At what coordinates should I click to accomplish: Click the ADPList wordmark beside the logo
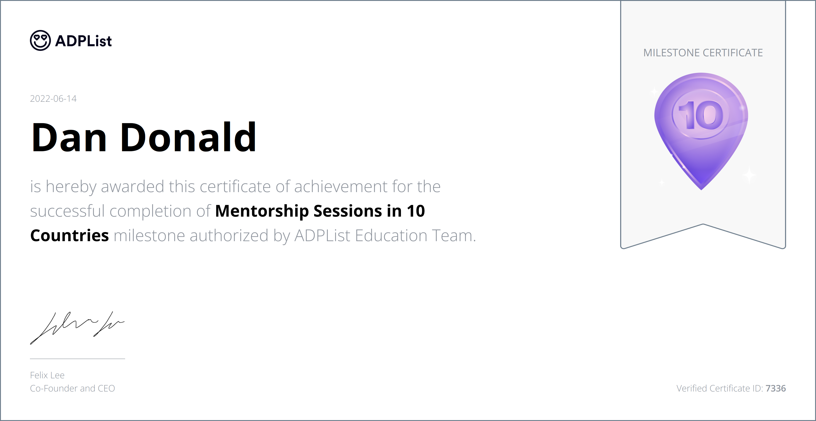pos(83,41)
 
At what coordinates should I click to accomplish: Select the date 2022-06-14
pos(53,99)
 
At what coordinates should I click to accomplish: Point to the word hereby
pos(71,187)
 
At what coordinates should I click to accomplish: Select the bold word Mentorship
pos(262,211)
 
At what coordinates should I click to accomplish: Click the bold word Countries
pos(69,236)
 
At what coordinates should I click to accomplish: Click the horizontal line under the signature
pos(77,359)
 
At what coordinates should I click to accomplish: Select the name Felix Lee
pos(47,375)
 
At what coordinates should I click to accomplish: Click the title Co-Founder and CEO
pos(72,388)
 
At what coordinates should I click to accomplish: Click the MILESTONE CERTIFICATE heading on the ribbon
pos(703,53)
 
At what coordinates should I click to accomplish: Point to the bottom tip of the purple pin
pos(701,189)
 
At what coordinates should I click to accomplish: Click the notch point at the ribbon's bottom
pos(703,224)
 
